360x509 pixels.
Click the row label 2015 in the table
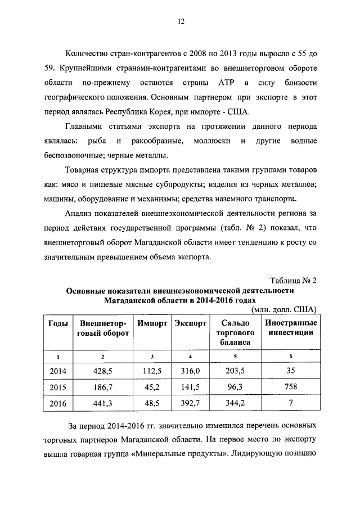tap(58, 388)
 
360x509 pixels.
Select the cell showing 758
tap(290, 388)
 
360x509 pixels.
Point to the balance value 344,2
tap(235, 404)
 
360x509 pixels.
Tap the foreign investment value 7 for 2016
tap(290, 404)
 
